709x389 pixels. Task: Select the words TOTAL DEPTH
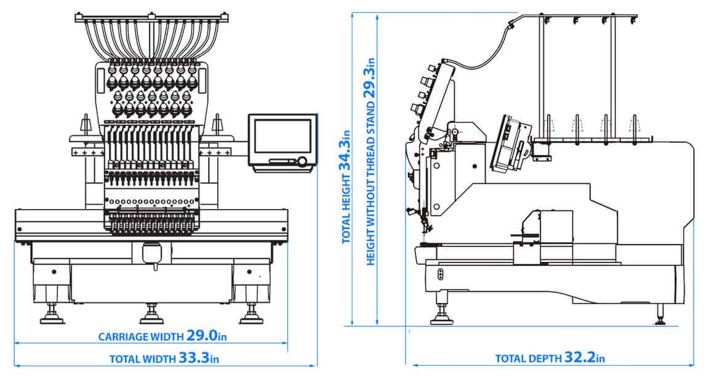coord(527,359)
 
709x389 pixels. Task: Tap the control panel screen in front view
coord(282,137)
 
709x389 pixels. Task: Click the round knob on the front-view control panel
coord(302,162)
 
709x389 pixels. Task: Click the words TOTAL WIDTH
coord(142,359)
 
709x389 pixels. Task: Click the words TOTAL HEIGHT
coord(346,209)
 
